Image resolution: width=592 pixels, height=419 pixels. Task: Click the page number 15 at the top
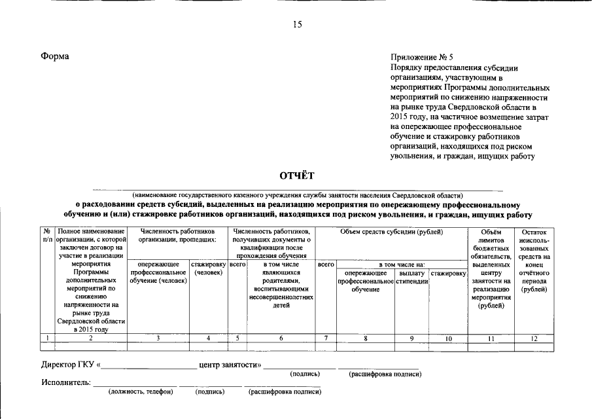pyautogui.click(x=297, y=25)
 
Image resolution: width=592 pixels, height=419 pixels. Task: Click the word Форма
pyautogui.click(x=54, y=57)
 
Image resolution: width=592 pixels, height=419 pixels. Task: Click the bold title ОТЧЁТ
pyautogui.click(x=297, y=175)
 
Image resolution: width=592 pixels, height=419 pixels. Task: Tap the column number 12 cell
pyautogui.click(x=534, y=338)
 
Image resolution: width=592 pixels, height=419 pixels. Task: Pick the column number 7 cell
pyautogui.click(x=326, y=338)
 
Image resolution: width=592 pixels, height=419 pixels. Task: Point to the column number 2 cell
pyautogui.click(x=91, y=338)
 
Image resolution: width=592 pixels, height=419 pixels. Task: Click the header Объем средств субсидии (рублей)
pyautogui.click(x=391, y=232)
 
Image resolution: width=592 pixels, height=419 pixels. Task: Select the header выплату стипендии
pyautogui.click(x=412, y=277)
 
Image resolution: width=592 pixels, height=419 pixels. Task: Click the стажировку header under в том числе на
pyautogui.click(x=448, y=273)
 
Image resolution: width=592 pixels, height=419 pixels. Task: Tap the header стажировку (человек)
pyautogui.click(x=208, y=268)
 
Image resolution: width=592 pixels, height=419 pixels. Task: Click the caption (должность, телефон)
pyautogui.click(x=141, y=392)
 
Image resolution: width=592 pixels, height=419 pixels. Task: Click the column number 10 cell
pyautogui.click(x=448, y=338)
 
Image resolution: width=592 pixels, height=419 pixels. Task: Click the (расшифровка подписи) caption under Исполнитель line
pyautogui.click(x=285, y=392)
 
